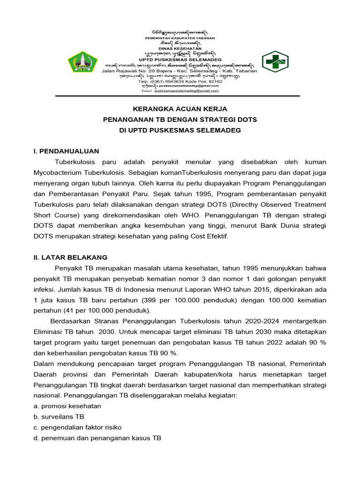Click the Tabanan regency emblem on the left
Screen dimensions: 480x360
click(83, 62)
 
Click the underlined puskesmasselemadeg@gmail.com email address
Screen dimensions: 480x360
click(180, 92)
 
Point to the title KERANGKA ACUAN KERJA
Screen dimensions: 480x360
click(180, 109)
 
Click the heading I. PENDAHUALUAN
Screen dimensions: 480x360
click(66, 151)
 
